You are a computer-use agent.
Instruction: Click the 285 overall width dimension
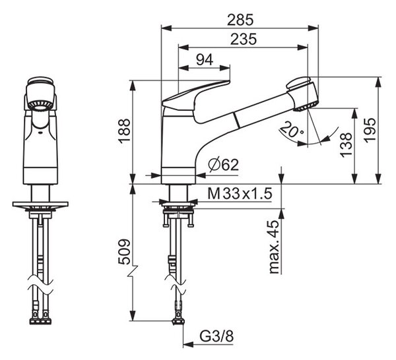240,20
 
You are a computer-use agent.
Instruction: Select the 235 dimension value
244,40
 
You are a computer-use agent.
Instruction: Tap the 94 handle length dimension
205,60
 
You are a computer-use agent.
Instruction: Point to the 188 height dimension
124,131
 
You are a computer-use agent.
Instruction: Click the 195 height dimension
370,130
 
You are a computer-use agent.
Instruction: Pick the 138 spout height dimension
346,145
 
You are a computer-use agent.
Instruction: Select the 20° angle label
292,130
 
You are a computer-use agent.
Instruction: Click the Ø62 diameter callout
224,165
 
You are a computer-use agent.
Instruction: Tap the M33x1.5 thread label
240,194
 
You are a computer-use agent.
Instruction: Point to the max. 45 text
275,247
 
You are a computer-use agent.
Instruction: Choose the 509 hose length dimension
124,251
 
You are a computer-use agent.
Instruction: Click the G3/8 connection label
216,336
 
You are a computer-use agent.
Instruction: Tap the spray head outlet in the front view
39,105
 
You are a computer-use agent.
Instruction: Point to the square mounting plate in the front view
40,204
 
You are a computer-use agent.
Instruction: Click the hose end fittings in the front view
41,321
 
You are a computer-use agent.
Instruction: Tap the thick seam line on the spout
237,121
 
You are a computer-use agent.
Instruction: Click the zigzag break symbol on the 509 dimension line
133,271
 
